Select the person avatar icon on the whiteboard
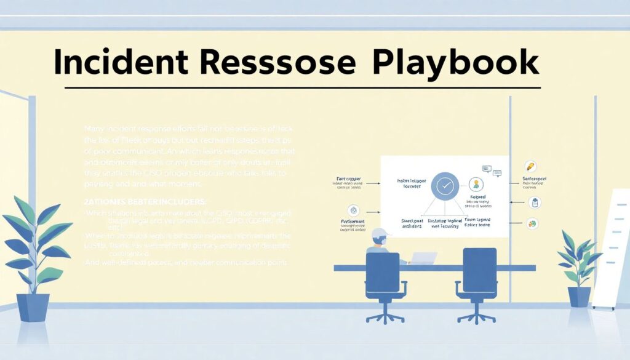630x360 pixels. point(476,184)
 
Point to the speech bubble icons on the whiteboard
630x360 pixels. point(490,169)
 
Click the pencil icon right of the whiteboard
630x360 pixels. point(530,166)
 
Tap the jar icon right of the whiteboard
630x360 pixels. point(534,202)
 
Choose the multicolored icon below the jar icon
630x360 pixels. point(533,225)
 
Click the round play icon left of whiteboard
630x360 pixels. point(353,209)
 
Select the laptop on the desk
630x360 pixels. point(423,258)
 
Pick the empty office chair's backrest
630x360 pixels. point(479,271)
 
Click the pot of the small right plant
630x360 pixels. point(579,297)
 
